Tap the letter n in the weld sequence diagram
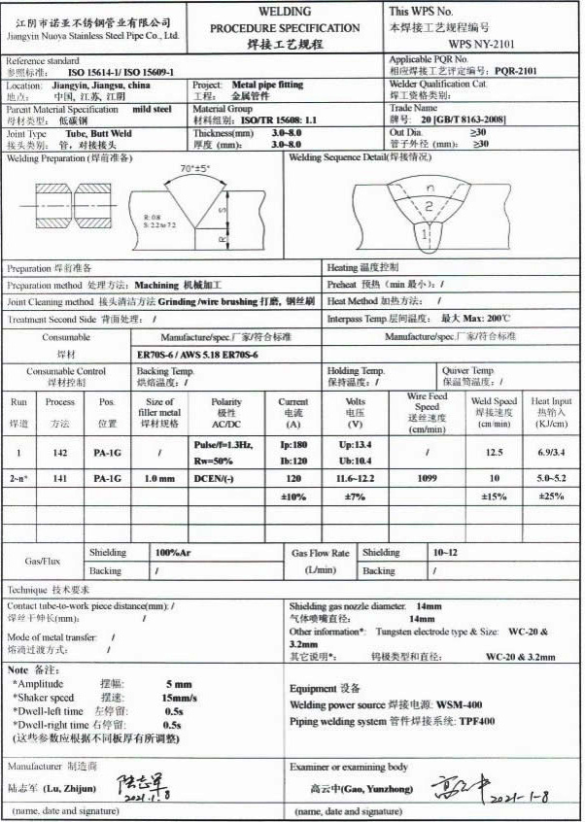(x=429, y=186)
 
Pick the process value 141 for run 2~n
(x=60, y=479)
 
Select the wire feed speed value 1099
(x=426, y=479)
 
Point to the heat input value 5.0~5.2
(x=551, y=479)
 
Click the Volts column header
(x=356, y=411)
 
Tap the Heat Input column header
(x=551, y=411)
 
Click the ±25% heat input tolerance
(x=551, y=497)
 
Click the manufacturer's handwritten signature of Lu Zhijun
(x=140, y=782)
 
